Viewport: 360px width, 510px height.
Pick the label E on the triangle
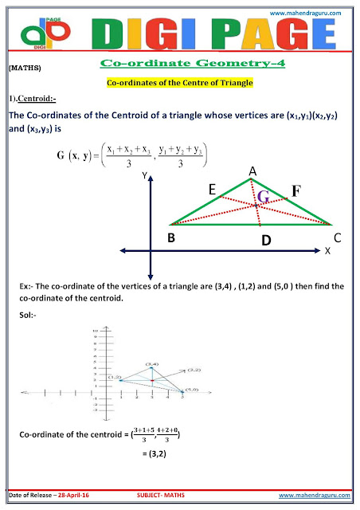point(213,190)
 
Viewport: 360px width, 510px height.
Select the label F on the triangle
point(295,191)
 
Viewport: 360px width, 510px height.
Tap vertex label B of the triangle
point(171,237)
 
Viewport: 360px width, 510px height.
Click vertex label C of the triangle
point(338,237)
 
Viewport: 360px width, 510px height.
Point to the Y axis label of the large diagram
point(145,178)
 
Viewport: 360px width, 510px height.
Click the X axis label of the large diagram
point(328,251)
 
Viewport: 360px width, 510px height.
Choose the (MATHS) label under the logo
point(22,71)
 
